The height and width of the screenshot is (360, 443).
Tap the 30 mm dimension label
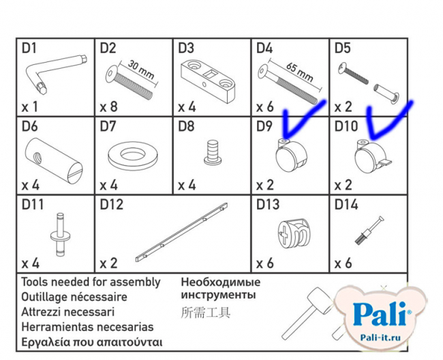(x=140, y=70)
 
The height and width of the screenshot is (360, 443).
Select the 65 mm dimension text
(x=299, y=72)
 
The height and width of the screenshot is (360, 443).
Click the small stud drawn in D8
(x=213, y=153)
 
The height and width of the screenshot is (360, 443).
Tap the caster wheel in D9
(x=290, y=155)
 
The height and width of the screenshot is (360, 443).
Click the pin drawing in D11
(x=59, y=235)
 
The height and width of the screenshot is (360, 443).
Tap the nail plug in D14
(x=369, y=230)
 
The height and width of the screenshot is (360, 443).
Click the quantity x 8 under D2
(x=109, y=107)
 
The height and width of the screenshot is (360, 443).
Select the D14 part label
(x=346, y=205)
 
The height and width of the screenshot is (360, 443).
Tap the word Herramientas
(x=58, y=327)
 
